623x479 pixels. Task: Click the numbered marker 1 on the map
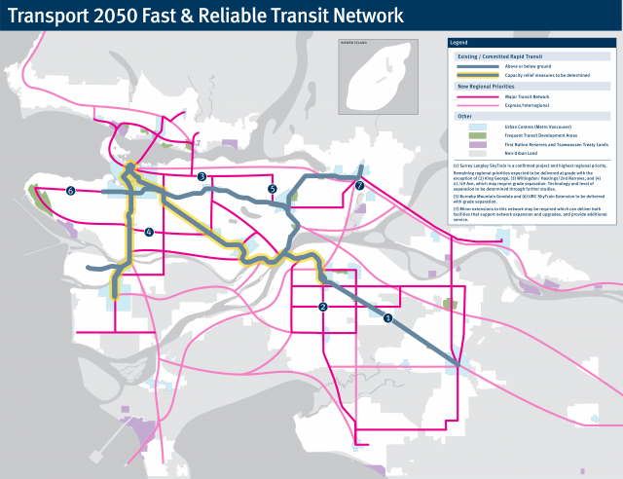tap(388, 318)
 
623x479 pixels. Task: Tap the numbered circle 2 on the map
tap(321, 308)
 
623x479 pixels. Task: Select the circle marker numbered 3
tap(202, 176)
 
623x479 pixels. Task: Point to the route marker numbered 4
tap(149, 232)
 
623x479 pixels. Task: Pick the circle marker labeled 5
tap(273, 189)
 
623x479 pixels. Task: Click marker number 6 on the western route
tap(71, 191)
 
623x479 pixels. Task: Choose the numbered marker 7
tap(359, 186)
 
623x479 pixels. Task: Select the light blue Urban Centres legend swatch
tap(477, 126)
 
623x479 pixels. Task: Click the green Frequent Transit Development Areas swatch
tap(477, 134)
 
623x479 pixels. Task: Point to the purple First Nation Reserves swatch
tap(477, 144)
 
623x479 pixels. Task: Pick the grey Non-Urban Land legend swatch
tap(477, 153)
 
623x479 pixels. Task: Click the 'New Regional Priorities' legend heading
tap(485, 86)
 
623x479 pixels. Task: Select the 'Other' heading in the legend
tap(464, 116)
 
